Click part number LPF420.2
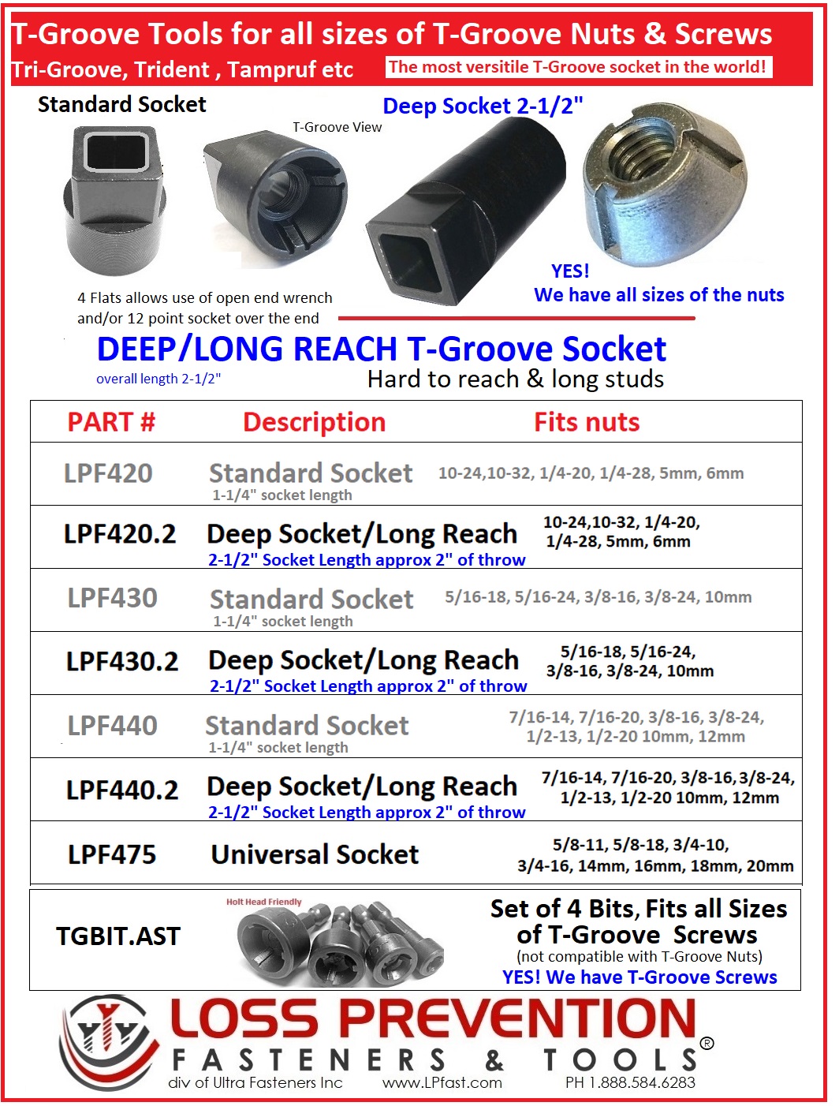(x=120, y=535)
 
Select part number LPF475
(x=112, y=854)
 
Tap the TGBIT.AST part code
(x=118, y=936)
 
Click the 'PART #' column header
(x=111, y=422)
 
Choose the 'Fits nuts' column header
(x=587, y=422)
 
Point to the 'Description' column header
(x=314, y=422)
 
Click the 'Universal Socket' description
(x=315, y=854)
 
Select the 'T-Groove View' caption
(x=337, y=127)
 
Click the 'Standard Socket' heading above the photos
(x=121, y=105)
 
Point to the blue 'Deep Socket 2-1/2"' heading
(x=483, y=106)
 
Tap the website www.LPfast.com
(x=442, y=1082)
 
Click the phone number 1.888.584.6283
(x=630, y=1082)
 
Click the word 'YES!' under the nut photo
(x=570, y=271)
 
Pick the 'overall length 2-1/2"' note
(x=158, y=379)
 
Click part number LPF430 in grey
(x=112, y=598)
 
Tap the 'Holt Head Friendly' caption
(x=263, y=902)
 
